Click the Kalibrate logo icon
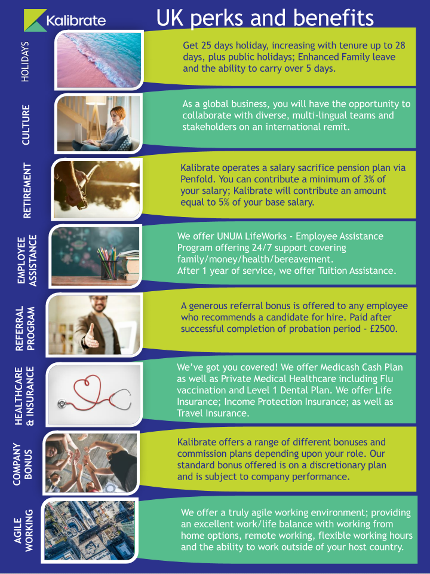click(x=35, y=20)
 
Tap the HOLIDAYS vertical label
click(x=25, y=62)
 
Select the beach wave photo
click(x=99, y=60)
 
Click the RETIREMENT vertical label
click(x=27, y=191)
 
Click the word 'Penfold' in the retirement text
click(x=196, y=179)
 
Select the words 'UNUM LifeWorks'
click(x=251, y=236)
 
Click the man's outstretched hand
click(x=90, y=337)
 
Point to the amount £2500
click(x=383, y=328)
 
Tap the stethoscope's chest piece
click(x=62, y=404)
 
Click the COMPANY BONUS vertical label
click(x=23, y=465)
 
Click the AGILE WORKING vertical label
click(x=23, y=530)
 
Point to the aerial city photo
click(x=90, y=530)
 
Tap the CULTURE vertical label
click(x=26, y=125)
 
